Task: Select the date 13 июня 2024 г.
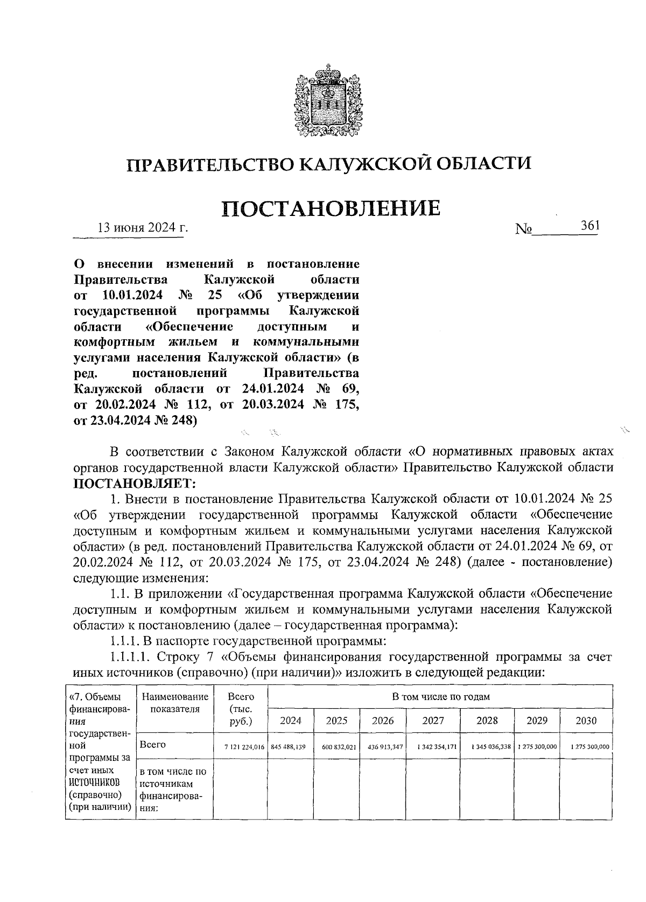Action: coord(142,228)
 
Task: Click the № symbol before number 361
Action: coord(523,230)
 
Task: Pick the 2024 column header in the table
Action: coord(290,721)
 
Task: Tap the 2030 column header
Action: coord(586,721)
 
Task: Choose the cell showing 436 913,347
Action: coord(382,747)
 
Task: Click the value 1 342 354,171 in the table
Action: coord(433,747)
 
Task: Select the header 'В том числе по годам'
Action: coord(440,696)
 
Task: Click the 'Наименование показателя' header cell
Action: coord(175,703)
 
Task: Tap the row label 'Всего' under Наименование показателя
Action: coord(153,745)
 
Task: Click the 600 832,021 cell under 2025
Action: coord(336,747)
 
